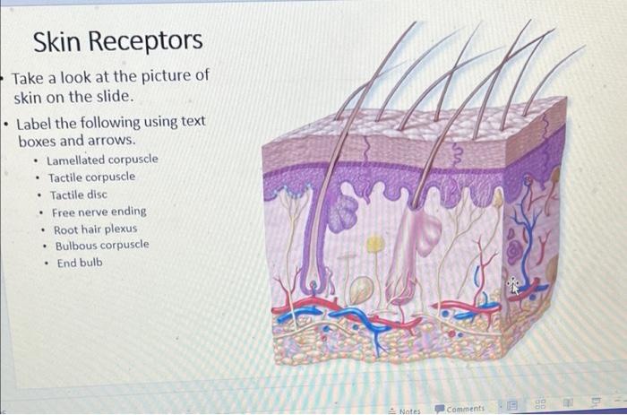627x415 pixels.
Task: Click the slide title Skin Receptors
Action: point(118,41)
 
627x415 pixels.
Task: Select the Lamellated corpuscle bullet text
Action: point(102,160)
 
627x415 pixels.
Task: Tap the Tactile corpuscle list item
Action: point(92,177)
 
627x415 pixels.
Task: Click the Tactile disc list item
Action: point(79,195)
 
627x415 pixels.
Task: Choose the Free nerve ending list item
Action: point(99,212)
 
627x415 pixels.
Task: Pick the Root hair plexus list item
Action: point(96,229)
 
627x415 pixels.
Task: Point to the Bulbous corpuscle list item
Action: point(102,246)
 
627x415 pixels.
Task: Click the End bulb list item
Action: point(80,263)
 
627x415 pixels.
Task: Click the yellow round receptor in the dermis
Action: point(375,244)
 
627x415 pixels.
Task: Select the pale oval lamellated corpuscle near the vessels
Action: point(361,290)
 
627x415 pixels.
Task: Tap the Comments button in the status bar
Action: point(460,409)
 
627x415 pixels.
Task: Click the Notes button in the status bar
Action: point(405,411)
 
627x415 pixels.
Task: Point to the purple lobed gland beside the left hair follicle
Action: point(343,213)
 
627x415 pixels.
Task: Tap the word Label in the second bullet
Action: point(34,124)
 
